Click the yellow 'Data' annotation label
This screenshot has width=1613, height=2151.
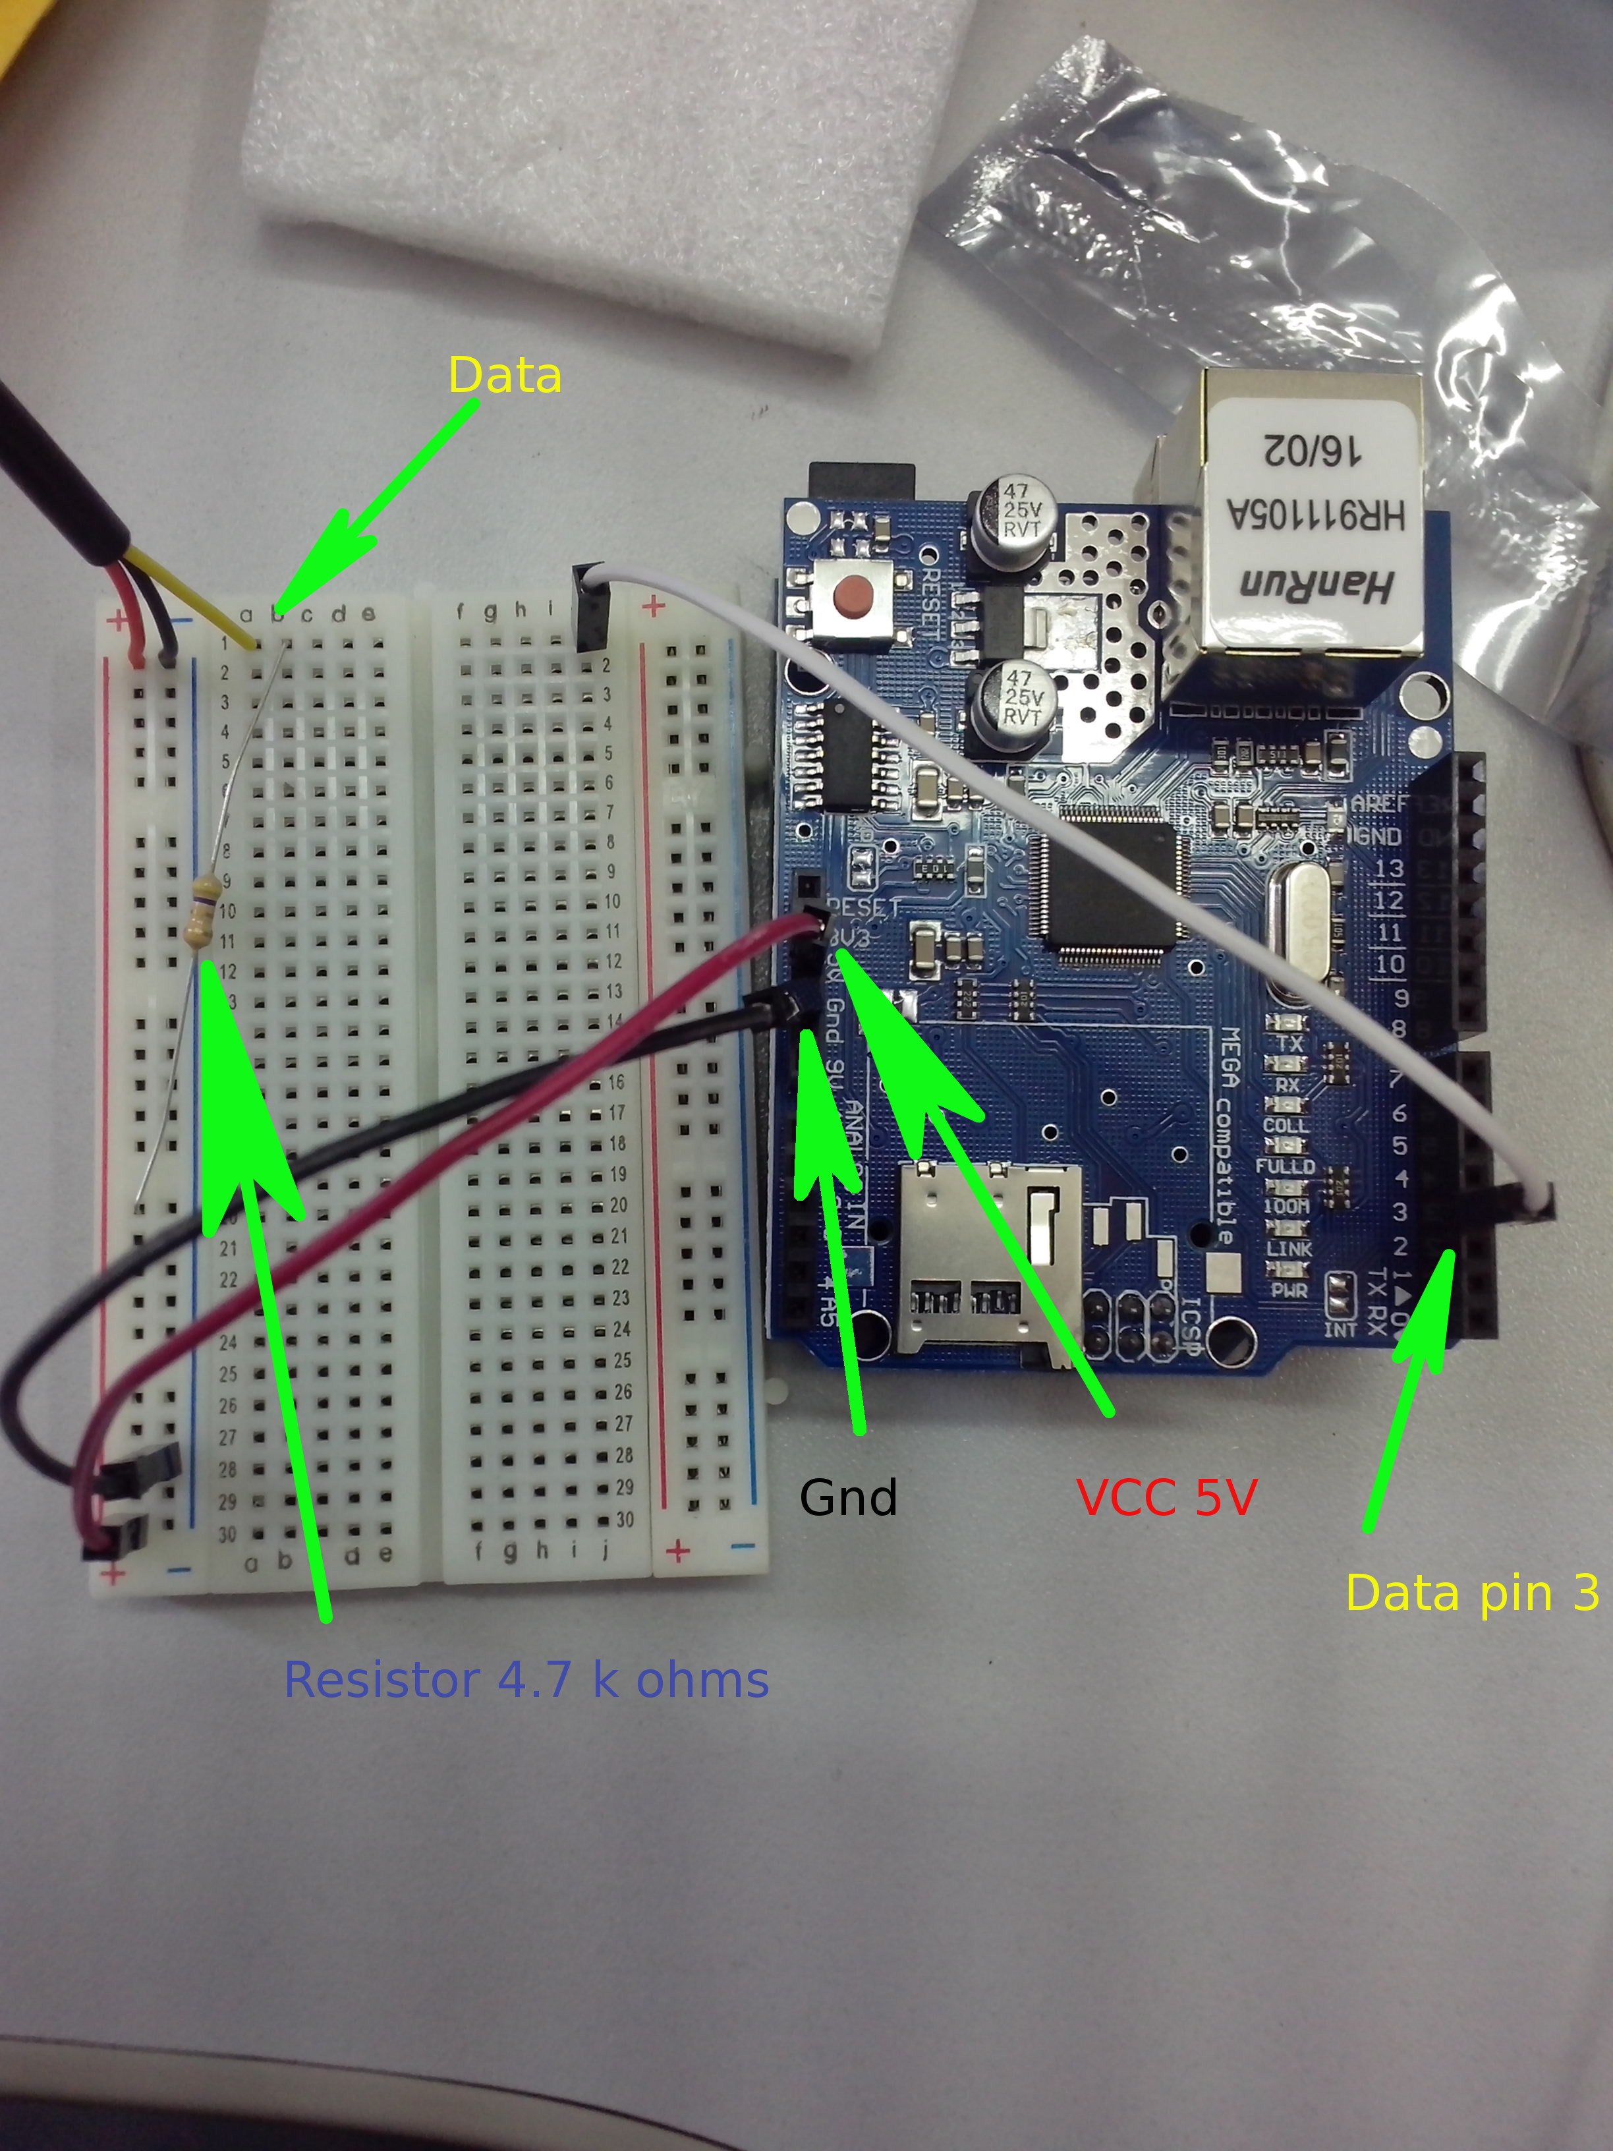coord(505,376)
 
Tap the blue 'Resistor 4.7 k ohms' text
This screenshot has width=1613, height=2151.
coord(526,1679)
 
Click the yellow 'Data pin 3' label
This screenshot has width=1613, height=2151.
coord(1472,1592)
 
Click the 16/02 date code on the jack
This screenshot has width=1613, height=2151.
coord(1315,449)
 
